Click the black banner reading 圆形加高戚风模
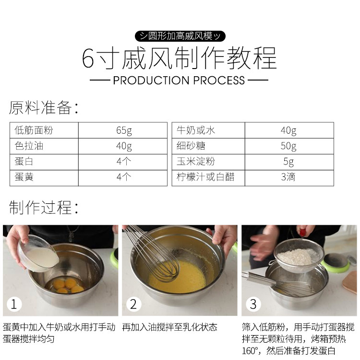(180, 36)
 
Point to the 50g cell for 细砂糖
(288, 146)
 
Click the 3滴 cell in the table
(288, 177)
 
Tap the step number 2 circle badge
(133, 304)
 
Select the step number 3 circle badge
(253, 304)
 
